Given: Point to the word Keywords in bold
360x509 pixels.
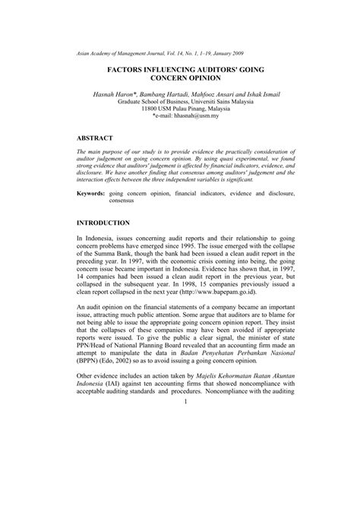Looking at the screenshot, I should click(96, 194).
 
